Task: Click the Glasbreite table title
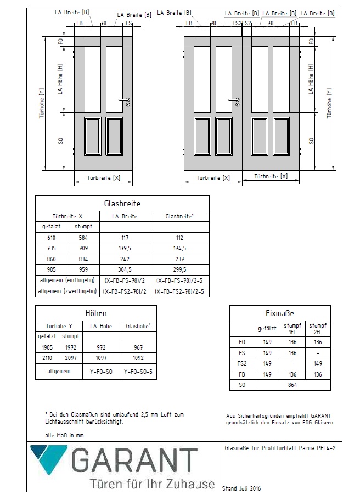(122, 203)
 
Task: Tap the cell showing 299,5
(179, 269)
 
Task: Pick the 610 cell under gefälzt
(50, 238)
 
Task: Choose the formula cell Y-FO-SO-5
(134, 371)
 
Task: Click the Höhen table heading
(95, 313)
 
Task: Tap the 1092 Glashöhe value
(134, 358)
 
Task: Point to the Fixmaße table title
(279, 313)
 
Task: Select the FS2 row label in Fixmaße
(243, 363)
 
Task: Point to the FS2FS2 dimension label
(241, 23)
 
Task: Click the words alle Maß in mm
(65, 435)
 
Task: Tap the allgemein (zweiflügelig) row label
(66, 291)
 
